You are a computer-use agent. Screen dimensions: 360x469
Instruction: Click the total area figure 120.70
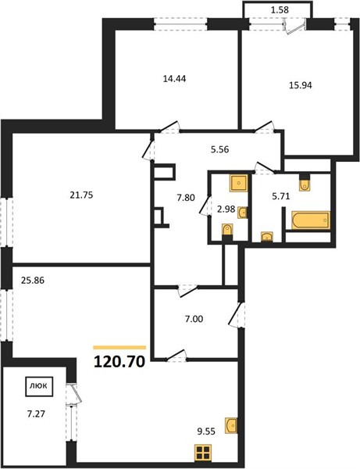pyautogui.click(x=119, y=362)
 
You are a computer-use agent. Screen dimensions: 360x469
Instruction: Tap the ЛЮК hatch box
pyautogui.click(x=39, y=386)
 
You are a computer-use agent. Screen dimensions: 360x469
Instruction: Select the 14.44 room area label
pyautogui.click(x=174, y=79)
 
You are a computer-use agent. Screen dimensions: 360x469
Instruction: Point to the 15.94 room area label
pyautogui.click(x=300, y=85)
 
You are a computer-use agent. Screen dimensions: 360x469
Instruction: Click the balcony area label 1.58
pyautogui.click(x=280, y=10)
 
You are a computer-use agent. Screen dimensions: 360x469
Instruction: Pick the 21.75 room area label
pyautogui.click(x=81, y=195)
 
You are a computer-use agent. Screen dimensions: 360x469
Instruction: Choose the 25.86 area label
pyautogui.click(x=33, y=281)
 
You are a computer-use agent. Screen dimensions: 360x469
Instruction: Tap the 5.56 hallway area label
pyautogui.click(x=220, y=149)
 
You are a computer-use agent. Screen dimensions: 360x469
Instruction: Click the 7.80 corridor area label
pyautogui.click(x=186, y=198)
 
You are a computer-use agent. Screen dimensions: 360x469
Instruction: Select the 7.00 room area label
pyautogui.click(x=194, y=319)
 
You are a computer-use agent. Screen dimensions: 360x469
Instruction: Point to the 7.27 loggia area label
pyautogui.click(x=36, y=414)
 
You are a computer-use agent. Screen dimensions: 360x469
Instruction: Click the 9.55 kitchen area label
pyautogui.click(x=206, y=431)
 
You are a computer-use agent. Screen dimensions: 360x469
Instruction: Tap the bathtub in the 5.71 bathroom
pyautogui.click(x=311, y=220)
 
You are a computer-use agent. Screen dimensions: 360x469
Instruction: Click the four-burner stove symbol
pyautogui.click(x=203, y=453)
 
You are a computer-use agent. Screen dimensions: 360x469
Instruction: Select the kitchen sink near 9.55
pyautogui.click(x=231, y=425)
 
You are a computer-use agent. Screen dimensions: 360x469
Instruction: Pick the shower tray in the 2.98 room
pyautogui.click(x=238, y=184)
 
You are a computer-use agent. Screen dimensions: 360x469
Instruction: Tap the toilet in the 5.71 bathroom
pyautogui.click(x=305, y=183)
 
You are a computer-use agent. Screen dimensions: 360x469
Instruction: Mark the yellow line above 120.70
pyautogui.click(x=119, y=348)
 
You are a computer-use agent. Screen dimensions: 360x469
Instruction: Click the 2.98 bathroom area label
pyautogui.click(x=226, y=209)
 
